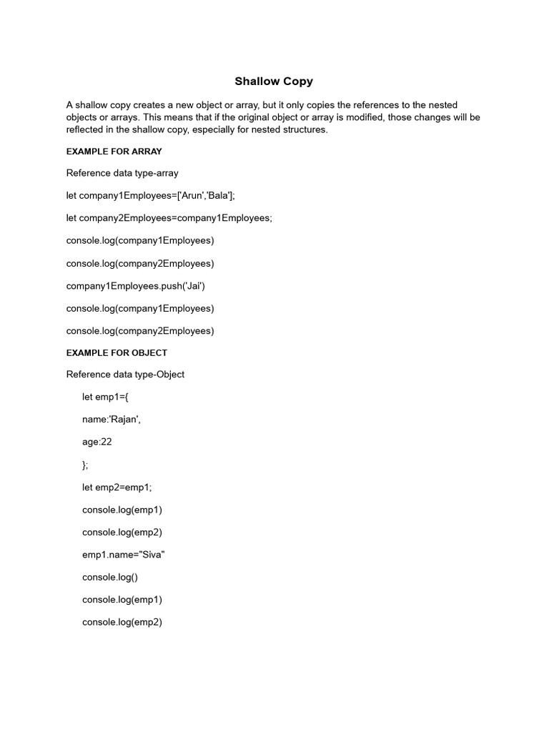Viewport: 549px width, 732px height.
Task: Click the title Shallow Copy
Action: point(274,81)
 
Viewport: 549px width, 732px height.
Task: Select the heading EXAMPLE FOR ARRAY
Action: point(114,152)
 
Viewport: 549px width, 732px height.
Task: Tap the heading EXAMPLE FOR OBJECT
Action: point(117,352)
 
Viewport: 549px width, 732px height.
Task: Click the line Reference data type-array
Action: point(122,173)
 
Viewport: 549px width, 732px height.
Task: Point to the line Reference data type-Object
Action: point(125,374)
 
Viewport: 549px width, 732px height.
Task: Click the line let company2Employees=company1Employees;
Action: point(169,218)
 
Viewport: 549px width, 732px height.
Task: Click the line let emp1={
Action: point(104,397)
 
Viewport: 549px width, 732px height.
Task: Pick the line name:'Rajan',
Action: point(112,420)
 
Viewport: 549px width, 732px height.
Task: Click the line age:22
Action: point(97,442)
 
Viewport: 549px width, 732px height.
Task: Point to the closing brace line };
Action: point(85,465)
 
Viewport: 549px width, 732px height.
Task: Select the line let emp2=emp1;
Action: point(117,488)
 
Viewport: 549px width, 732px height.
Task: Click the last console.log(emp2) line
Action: point(122,622)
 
